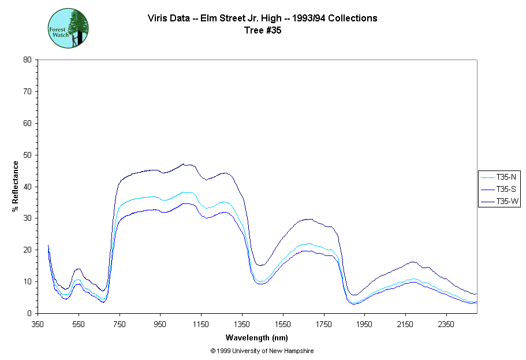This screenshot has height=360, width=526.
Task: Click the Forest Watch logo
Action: [x=68, y=28]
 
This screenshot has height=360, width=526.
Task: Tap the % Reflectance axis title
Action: [x=16, y=186]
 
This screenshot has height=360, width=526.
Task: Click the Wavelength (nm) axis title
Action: [x=258, y=337]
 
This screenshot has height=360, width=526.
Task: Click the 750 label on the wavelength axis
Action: [x=120, y=324]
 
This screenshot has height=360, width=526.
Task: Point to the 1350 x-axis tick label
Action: [x=242, y=324]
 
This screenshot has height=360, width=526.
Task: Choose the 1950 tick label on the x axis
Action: [x=364, y=324]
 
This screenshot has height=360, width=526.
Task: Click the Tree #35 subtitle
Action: [x=263, y=31]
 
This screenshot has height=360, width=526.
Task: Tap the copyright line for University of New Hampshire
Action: [x=262, y=351]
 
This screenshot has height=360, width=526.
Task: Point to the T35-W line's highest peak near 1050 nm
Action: [x=184, y=164]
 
